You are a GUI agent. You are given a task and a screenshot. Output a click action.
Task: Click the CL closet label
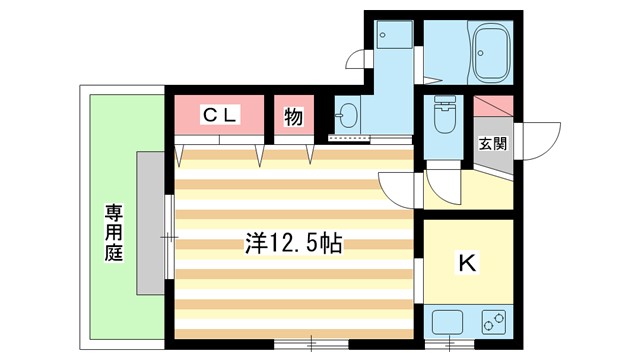pos(221,116)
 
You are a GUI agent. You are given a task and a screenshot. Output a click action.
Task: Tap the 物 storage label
pos(294,116)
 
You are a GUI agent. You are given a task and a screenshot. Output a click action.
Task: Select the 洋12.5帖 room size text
pos(296,242)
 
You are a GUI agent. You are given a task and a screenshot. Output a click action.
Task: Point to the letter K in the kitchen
pos(466,263)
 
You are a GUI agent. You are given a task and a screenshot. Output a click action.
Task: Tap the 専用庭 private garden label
pos(112,233)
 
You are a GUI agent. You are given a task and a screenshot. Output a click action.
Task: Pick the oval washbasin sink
pos(345,113)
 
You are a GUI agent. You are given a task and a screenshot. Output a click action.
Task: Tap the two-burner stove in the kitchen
pos(494,323)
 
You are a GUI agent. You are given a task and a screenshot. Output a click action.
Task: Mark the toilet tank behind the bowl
pos(443,102)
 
